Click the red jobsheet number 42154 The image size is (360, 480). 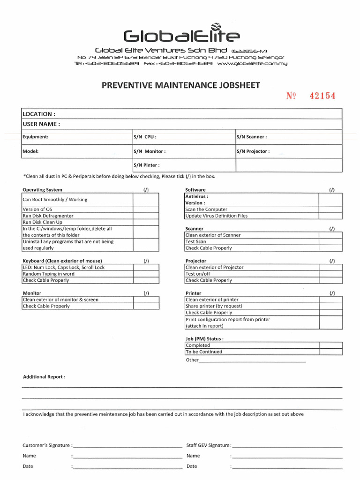tap(322, 96)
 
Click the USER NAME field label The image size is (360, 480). tap(41, 124)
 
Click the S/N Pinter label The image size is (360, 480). tap(147, 165)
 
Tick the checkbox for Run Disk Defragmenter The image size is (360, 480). tap(146, 216)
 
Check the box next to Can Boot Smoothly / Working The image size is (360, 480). tap(146, 200)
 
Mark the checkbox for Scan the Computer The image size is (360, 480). tap(330, 210)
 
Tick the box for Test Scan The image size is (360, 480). tap(330, 242)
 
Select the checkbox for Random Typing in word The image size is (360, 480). tap(146, 274)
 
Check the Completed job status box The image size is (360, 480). tap(330, 345)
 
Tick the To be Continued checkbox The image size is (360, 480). tap(330, 352)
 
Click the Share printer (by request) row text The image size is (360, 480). tap(214, 306)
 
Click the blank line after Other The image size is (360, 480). tap(252, 361)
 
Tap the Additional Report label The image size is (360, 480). tap(45, 377)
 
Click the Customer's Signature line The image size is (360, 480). tap(127, 446)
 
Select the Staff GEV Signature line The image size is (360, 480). tap(287, 446)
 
